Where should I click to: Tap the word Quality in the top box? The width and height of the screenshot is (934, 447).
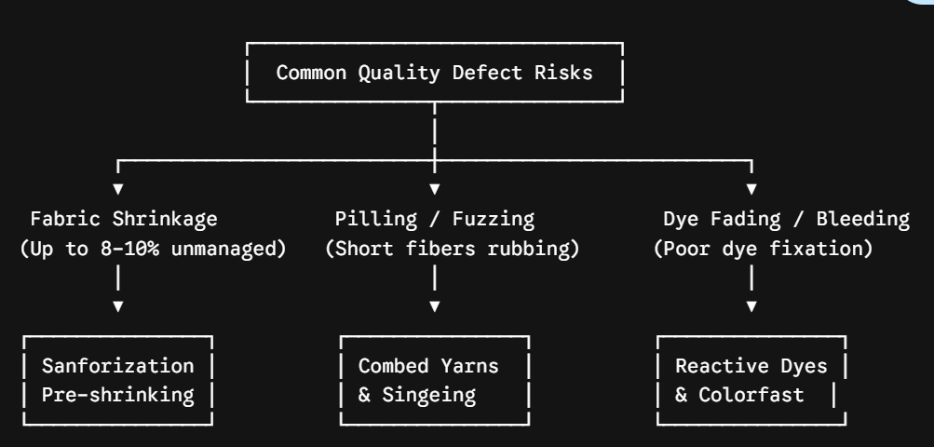(399, 73)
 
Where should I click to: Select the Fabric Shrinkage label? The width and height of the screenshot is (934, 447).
(124, 219)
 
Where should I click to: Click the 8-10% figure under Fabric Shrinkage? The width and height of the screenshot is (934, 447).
(129, 248)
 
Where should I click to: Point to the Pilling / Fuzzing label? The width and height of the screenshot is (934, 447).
(435, 219)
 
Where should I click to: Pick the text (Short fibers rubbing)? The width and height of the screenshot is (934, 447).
(453, 248)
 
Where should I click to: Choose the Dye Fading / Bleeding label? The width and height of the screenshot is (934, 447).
(786, 219)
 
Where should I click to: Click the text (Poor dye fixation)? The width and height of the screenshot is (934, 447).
(763, 248)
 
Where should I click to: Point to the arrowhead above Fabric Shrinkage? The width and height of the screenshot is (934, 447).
(118, 189)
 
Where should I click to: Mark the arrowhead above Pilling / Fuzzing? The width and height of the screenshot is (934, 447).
(435, 189)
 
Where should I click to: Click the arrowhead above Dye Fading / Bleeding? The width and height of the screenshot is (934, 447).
(751, 189)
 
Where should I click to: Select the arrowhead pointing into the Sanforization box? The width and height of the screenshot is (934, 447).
(118, 306)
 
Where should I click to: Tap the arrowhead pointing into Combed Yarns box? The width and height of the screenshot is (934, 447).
(435, 306)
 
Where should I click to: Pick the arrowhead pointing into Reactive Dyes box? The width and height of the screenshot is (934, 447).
(751, 306)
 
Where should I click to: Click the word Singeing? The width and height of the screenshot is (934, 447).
(429, 395)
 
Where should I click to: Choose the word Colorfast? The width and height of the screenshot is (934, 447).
(751, 395)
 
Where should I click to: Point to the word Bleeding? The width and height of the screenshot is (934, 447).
(863, 219)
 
